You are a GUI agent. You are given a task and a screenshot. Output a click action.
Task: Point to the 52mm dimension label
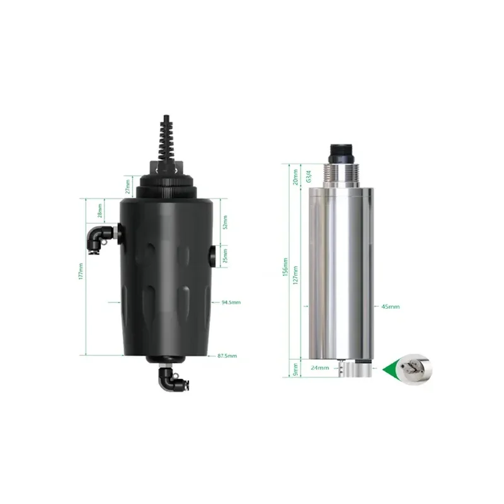tap(226, 222)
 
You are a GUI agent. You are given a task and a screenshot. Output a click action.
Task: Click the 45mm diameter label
tap(390, 307)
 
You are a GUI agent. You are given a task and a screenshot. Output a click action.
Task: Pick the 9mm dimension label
tap(297, 367)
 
